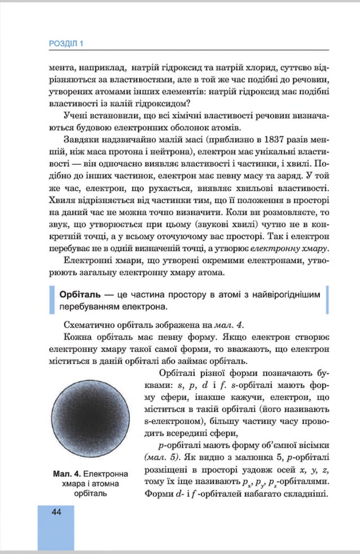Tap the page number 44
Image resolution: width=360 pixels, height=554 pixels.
[x=55, y=512]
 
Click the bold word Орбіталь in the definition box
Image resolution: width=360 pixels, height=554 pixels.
[x=76, y=295]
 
